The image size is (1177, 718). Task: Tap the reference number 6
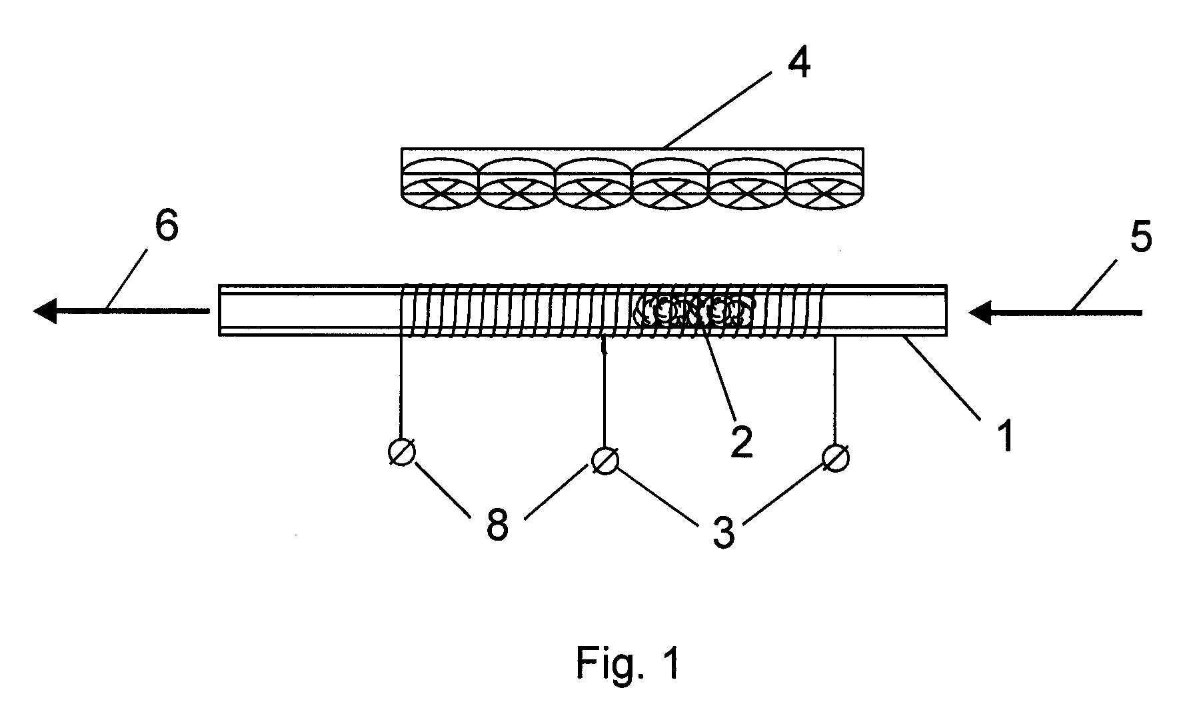167,226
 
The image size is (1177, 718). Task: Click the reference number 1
1005,436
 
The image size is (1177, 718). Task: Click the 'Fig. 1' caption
628,663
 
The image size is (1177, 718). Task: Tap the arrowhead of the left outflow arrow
45,311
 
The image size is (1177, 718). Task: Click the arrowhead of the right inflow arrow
981,312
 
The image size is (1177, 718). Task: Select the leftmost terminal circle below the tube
401,452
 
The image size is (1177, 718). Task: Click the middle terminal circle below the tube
605,460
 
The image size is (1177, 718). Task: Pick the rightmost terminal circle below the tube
836,458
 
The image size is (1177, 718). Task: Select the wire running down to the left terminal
401,387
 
